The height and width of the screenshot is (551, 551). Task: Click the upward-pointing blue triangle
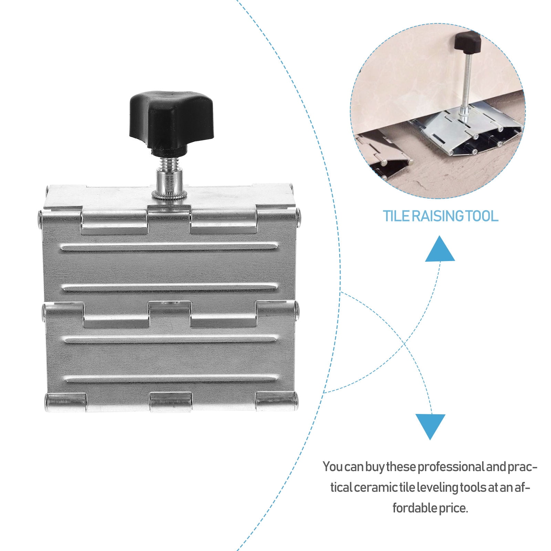pos(440,249)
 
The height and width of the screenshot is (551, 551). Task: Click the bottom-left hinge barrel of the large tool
pos(66,402)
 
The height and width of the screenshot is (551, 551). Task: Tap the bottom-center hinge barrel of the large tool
pos(170,402)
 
